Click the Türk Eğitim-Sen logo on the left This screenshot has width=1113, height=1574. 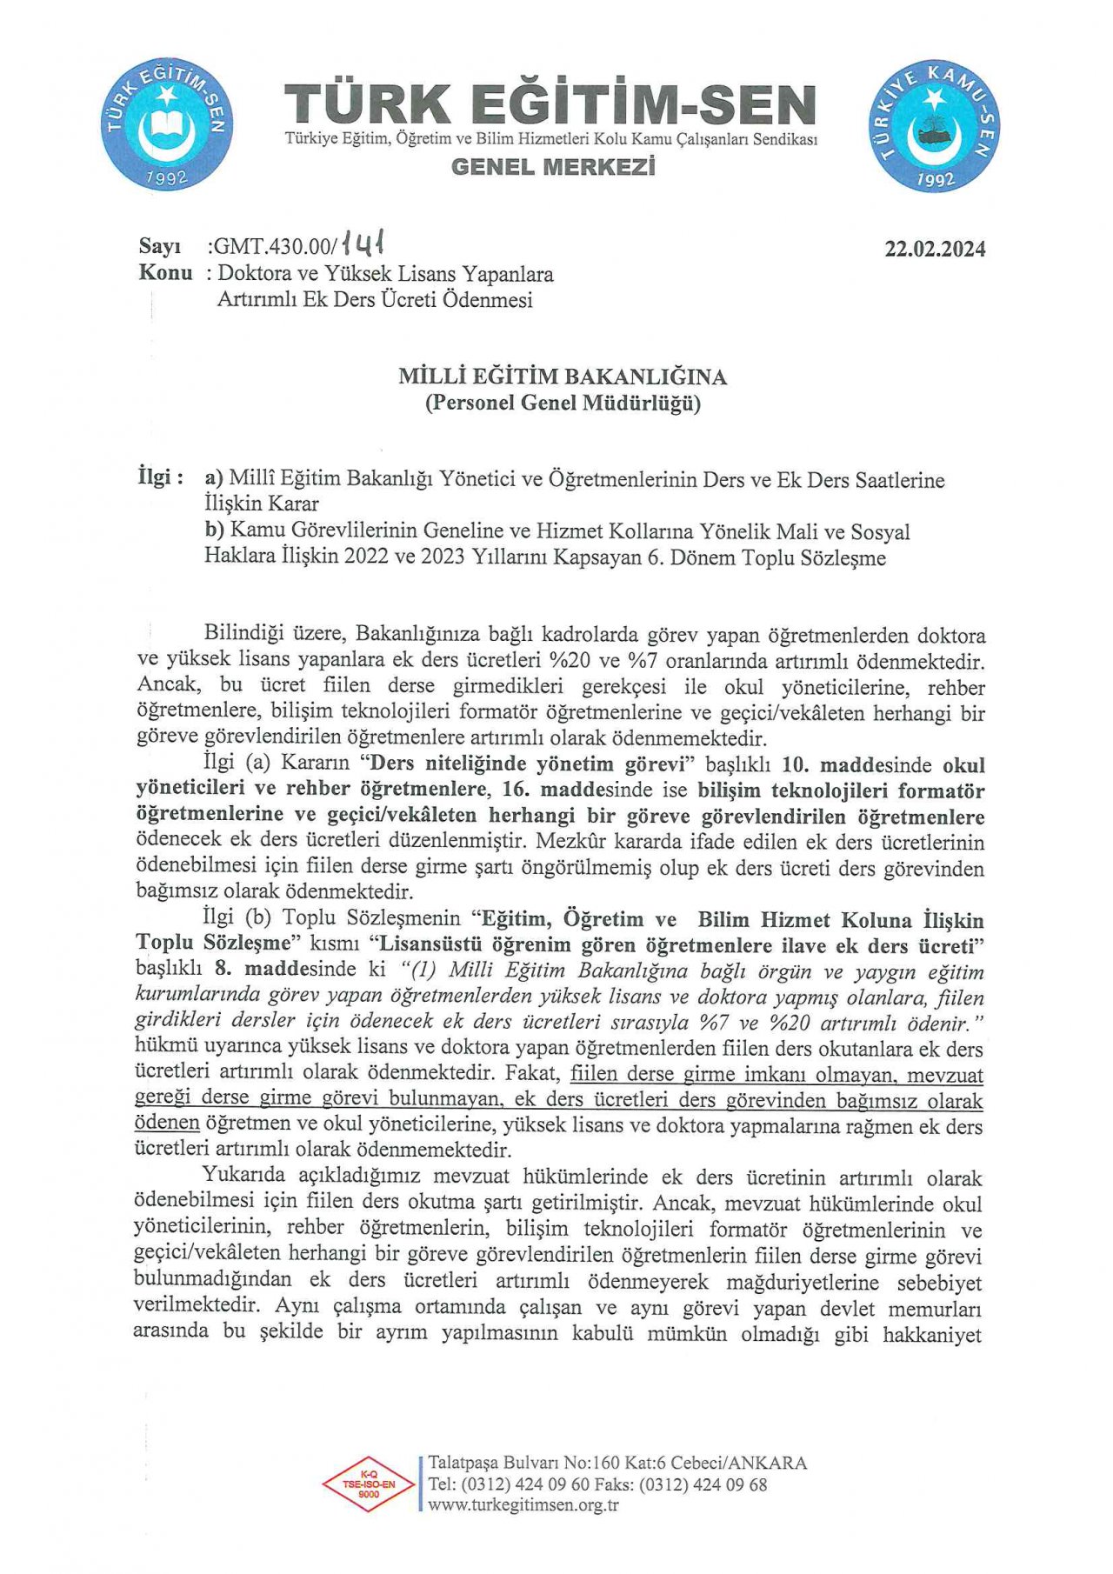pyautogui.click(x=166, y=124)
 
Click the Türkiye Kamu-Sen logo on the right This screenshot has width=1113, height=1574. pyautogui.click(x=934, y=127)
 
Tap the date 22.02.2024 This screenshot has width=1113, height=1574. pyautogui.click(x=935, y=250)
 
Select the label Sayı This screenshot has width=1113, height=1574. pyautogui.click(x=159, y=247)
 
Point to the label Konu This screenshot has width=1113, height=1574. pyautogui.click(x=165, y=273)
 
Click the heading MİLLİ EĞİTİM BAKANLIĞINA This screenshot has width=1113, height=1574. pyautogui.click(x=563, y=377)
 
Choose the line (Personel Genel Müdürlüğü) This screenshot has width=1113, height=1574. pyautogui.click(x=563, y=403)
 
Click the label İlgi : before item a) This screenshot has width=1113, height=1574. pyautogui.click(x=161, y=477)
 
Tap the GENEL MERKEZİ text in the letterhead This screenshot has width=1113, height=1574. pyautogui.click(x=552, y=167)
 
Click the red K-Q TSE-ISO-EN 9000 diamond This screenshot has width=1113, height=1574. pyautogui.click(x=369, y=1484)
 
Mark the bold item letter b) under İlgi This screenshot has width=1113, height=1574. pyautogui.click(x=214, y=530)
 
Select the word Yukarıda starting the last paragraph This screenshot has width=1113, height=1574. pyautogui.click(x=244, y=1176)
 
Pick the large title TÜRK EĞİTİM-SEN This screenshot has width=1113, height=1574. pyautogui.click(x=550, y=104)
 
